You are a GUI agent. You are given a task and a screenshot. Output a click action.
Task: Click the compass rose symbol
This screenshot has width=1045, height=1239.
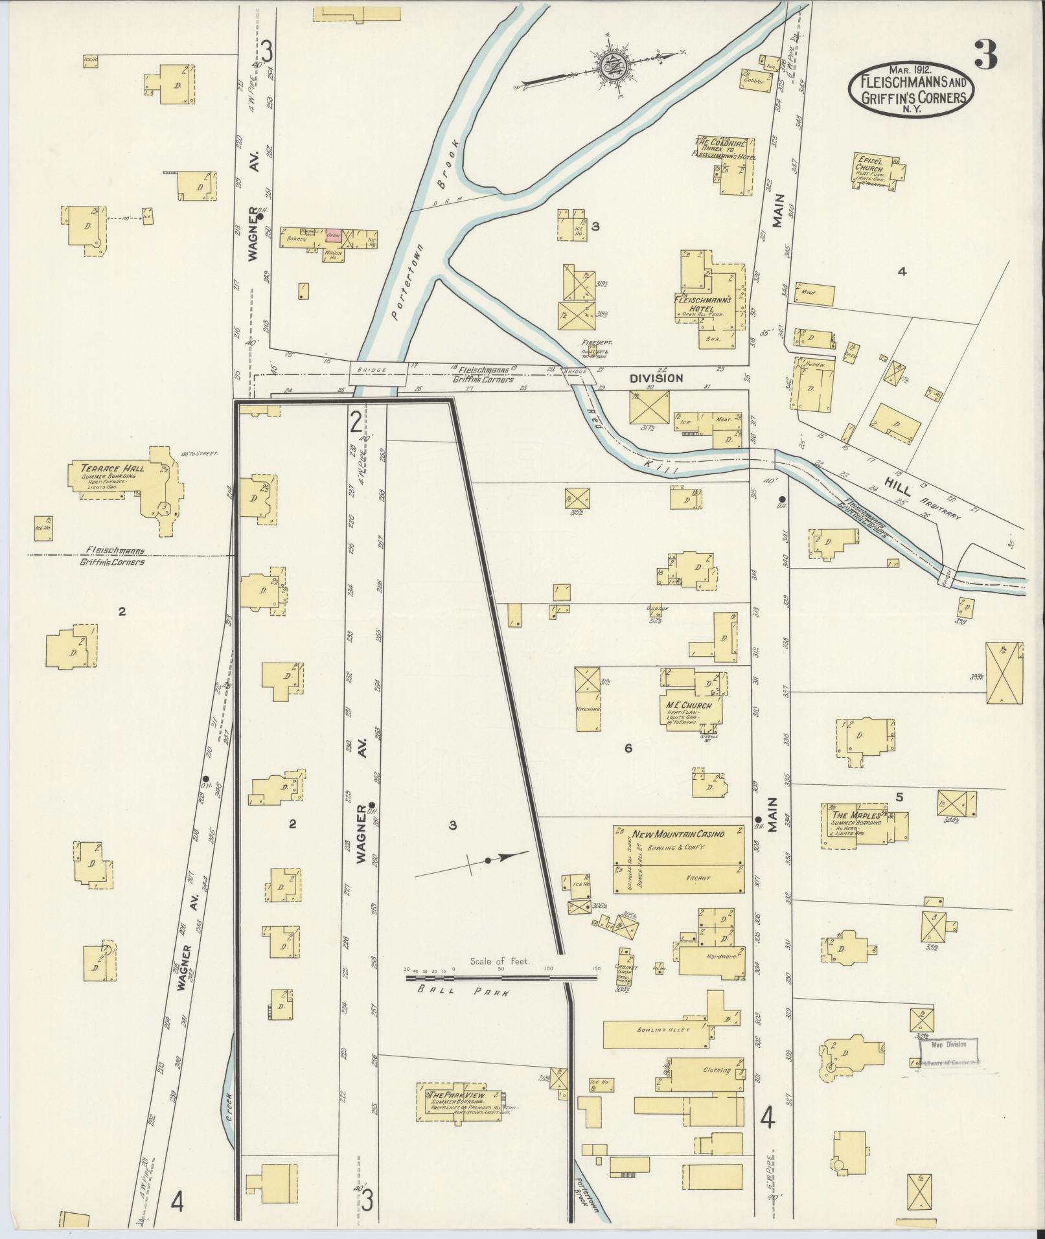click(611, 64)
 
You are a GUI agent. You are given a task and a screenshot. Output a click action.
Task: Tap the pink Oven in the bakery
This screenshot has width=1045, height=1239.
click(333, 236)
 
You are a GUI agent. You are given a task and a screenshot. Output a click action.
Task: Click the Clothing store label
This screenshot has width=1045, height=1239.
click(716, 1070)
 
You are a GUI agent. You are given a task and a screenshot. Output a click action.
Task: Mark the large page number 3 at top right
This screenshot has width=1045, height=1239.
click(985, 56)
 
